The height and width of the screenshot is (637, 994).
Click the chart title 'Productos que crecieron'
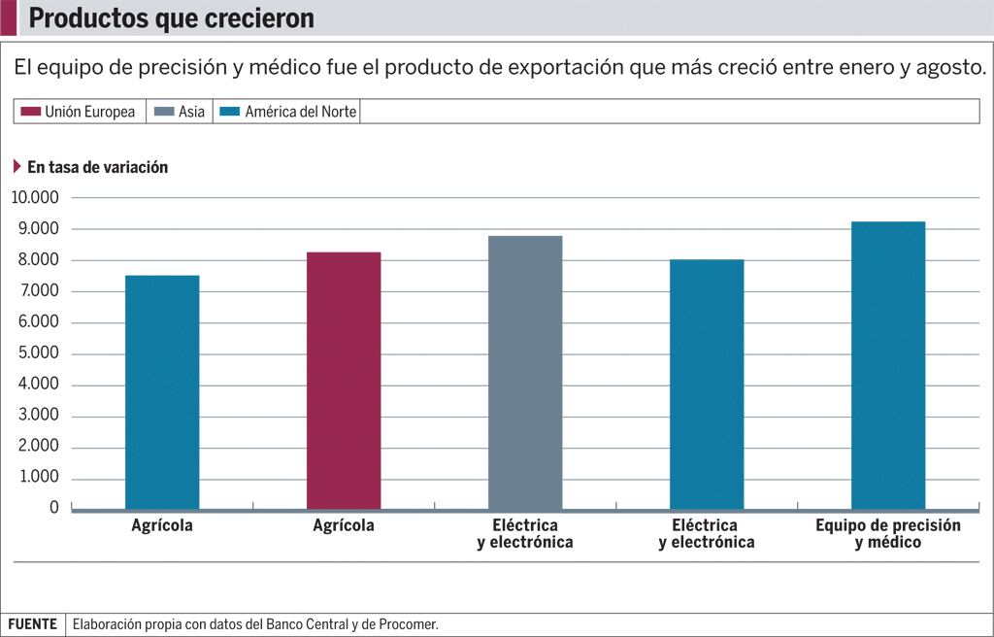coord(171,18)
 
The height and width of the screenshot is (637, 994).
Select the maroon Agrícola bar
coord(344,381)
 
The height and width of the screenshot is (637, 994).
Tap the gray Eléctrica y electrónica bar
coord(525,373)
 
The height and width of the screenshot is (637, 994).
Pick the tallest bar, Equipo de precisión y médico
coord(888,365)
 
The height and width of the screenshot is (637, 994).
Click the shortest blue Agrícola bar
coord(162,392)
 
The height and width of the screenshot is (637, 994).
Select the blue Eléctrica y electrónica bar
coord(707,385)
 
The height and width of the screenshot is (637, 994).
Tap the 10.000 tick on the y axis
coord(35,198)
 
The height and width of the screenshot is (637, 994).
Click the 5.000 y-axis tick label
coord(40,353)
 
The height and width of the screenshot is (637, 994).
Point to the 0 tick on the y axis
coord(54,508)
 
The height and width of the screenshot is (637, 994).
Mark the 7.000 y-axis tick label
coord(40,291)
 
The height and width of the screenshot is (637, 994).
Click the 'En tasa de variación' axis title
coord(97,167)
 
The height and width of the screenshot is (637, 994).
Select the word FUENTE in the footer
coord(33,624)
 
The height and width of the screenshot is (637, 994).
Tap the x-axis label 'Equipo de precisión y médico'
coord(888,533)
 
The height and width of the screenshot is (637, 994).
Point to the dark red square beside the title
coord(8,17)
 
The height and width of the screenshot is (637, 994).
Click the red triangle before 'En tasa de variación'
coord(17,166)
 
